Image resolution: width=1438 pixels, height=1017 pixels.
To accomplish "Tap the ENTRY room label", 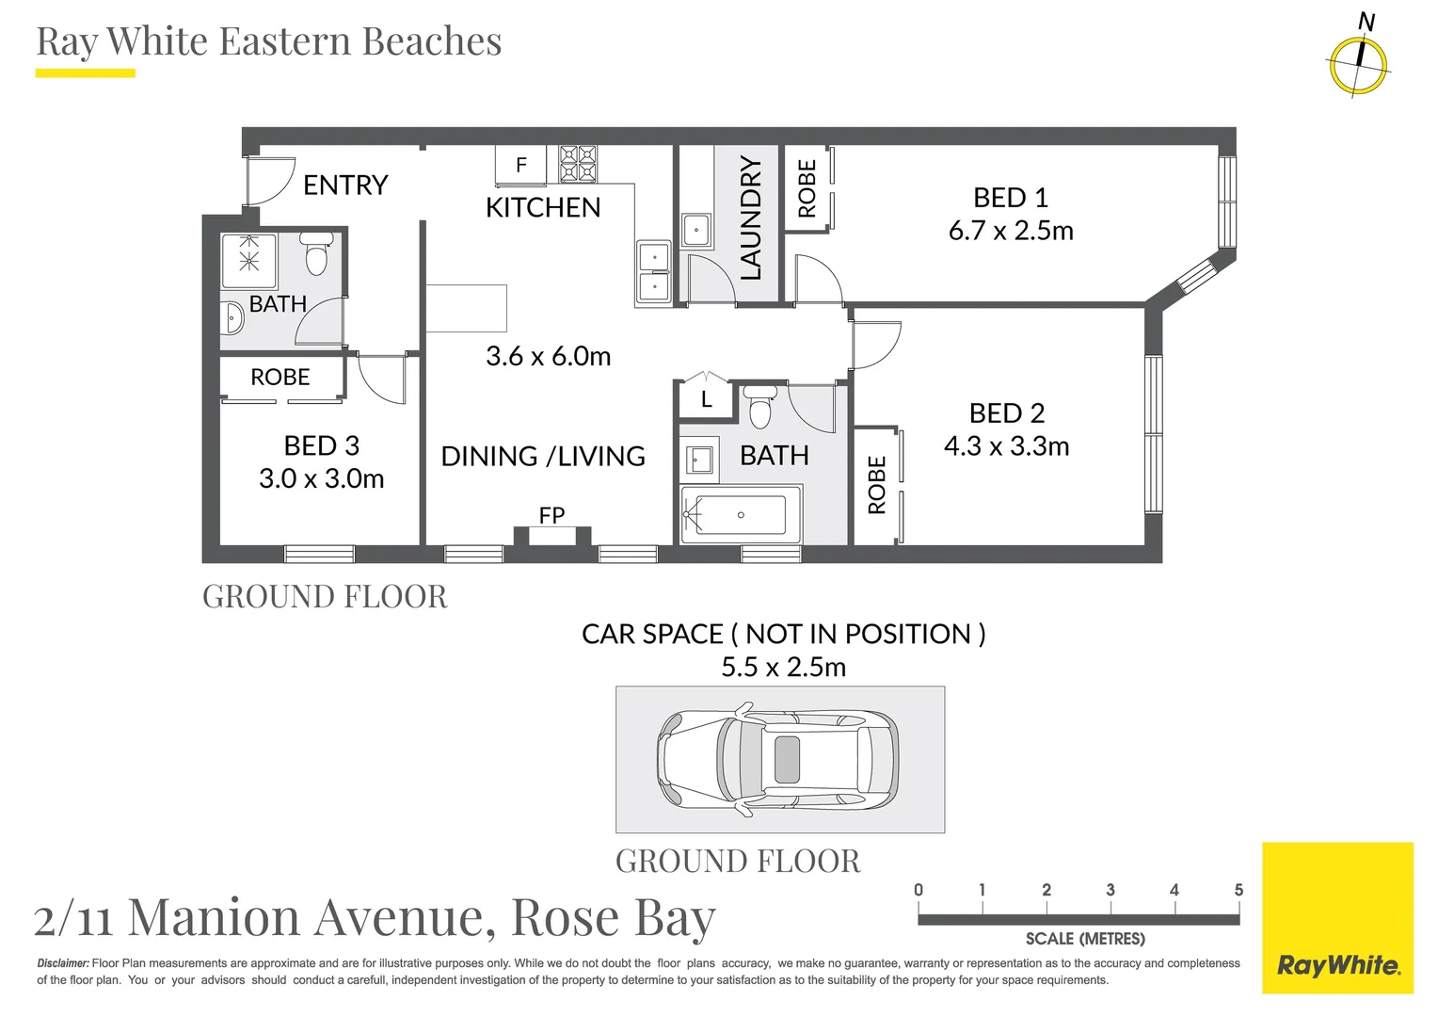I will pyautogui.click(x=345, y=185).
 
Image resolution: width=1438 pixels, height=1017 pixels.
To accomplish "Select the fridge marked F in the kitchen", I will pyautogui.click(x=520, y=166).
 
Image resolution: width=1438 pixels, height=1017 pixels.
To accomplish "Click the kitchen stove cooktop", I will pyautogui.click(x=578, y=164).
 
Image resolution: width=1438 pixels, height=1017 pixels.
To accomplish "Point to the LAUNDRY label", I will pyautogui.click(x=750, y=218).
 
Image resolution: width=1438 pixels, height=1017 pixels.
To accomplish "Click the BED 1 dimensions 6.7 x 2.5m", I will pyautogui.click(x=1011, y=231).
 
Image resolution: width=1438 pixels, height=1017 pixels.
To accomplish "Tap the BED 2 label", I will pyautogui.click(x=1007, y=413).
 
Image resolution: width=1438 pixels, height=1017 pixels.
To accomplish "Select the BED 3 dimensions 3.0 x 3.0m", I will pyautogui.click(x=322, y=478).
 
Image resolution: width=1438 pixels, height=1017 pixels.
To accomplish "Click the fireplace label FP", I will pyautogui.click(x=551, y=515).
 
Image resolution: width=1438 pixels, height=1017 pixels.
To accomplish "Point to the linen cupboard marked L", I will pyautogui.click(x=706, y=400).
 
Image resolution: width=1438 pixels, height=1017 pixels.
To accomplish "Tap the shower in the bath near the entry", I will pyautogui.click(x=249, y=261).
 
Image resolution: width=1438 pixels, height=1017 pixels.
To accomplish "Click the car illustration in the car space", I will pyautogui.click(x=777, y=759).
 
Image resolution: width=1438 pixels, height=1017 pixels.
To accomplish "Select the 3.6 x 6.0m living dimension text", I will pyautogui.click(x=548, y=356).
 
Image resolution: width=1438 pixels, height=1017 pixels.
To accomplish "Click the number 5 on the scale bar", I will pyautogui.click(x=1238, y=890).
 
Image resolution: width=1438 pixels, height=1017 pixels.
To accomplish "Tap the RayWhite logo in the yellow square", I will pyautogui.click(x=1337, y=965).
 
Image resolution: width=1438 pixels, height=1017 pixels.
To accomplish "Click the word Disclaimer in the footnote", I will pyautogui.click(x=63, y=963).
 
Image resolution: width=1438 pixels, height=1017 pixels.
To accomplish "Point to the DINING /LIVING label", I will pyautogui.click(x=543, y=457).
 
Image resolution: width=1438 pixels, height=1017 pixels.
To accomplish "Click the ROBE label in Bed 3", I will pyautogui.click(x=280, y=378).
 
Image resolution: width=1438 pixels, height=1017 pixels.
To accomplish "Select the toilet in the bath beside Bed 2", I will pyautogui.click(x=760, y=409).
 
